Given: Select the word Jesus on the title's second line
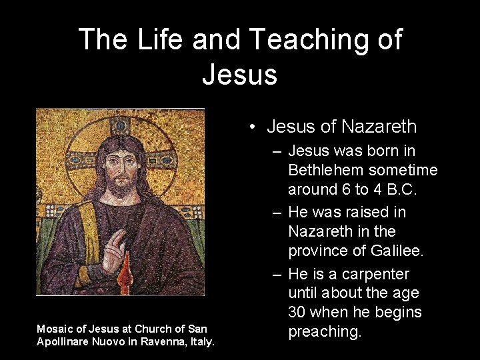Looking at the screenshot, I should click(x=239, y=74).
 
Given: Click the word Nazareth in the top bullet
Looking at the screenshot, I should click(x=378, y=126).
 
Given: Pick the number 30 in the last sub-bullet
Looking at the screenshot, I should click(x=297, y=311).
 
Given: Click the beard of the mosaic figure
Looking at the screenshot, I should click(x=120, y=189).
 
